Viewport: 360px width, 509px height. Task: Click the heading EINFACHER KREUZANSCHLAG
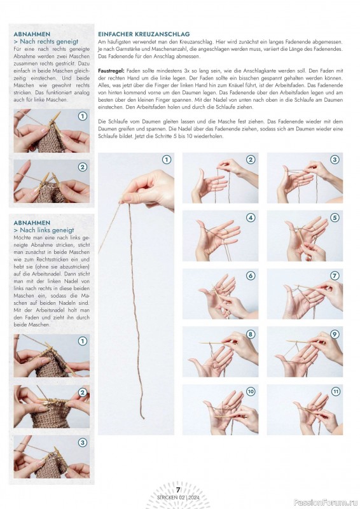point(144,34)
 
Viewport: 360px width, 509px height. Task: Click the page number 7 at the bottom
point(178,490)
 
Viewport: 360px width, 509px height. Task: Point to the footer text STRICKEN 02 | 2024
point(178,498)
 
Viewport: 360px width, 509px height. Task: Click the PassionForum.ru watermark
point(326,503)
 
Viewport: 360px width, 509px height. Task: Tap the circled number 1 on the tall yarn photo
point(167,160)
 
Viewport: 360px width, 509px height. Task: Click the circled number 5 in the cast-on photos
point(335,218)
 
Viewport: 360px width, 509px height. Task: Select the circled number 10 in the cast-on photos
point(251,391)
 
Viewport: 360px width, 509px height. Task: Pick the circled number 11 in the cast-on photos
point(335,391)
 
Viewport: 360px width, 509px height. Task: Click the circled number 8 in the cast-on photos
point(250,334)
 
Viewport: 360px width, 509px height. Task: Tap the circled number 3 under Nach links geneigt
point(83,442)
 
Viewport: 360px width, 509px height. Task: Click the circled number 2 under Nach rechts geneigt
point(83,167)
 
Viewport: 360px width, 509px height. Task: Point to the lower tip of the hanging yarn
point(143,419)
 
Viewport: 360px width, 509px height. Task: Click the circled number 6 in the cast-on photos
point(250,275)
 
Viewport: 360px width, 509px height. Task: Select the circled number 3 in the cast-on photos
point(335,160)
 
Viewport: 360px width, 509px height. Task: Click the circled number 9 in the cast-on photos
point(335,334)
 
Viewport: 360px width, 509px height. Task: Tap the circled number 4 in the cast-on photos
point(250,218)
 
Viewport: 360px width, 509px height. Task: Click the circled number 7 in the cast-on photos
point(335,275)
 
